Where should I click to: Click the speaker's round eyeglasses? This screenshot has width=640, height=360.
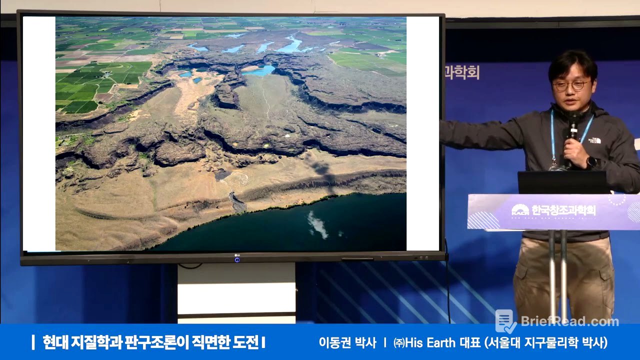(570, 85)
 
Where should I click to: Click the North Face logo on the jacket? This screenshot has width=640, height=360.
(594, 140)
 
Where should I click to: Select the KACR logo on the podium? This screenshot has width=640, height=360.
(520, 210)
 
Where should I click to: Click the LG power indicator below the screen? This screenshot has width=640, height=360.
(236, 259)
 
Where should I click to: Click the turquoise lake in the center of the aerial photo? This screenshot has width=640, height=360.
(259, 70)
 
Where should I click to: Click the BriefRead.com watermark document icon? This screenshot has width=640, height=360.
(505, 321)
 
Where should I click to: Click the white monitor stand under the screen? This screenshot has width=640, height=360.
(236, 292)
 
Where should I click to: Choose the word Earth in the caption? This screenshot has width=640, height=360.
(439, 343)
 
